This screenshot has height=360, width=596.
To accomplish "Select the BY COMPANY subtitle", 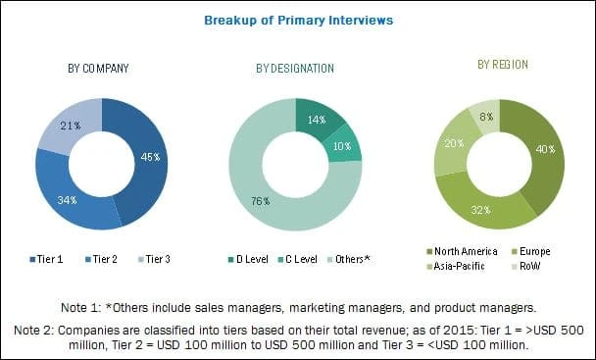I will click(100, 68).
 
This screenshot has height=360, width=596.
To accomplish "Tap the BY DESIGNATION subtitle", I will click(294, 68).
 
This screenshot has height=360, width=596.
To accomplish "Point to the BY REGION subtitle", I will click(503, 64).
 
